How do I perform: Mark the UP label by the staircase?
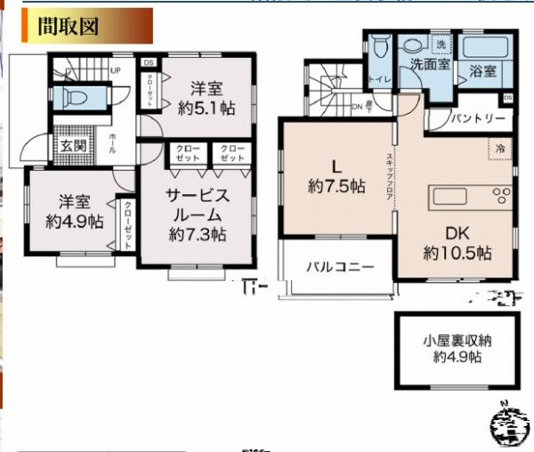(116, 69)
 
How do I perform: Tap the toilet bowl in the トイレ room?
(380, 46)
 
